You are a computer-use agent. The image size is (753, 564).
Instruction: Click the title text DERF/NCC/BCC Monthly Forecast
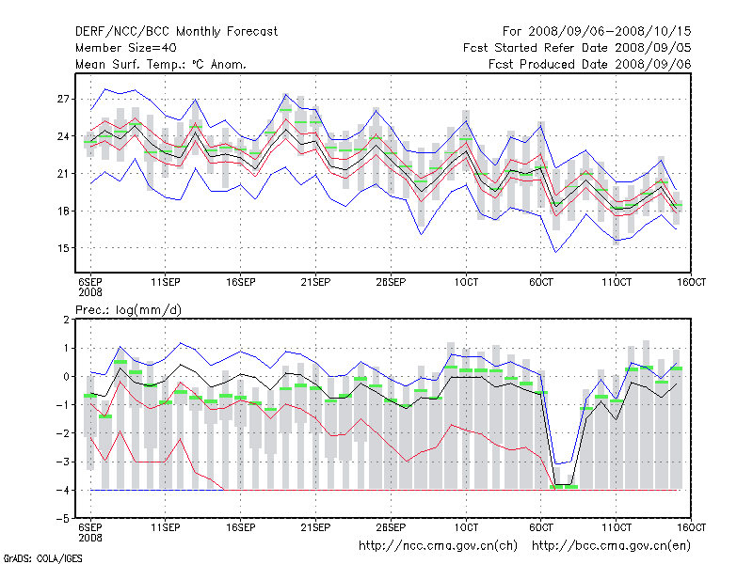pos(176,31)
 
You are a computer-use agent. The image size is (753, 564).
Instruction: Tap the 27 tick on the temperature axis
pos(64,99)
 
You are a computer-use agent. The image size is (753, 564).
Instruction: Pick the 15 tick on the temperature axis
pos(64,248)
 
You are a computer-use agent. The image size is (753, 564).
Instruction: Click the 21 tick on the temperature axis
pos(64,174)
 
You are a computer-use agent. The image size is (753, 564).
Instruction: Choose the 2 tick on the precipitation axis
pos(67,320)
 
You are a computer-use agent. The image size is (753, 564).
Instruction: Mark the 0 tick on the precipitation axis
pos(67,377)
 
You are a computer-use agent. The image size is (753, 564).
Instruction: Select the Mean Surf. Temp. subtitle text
pos(160,64)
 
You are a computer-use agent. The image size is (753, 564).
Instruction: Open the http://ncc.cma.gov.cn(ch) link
pos(439,545)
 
